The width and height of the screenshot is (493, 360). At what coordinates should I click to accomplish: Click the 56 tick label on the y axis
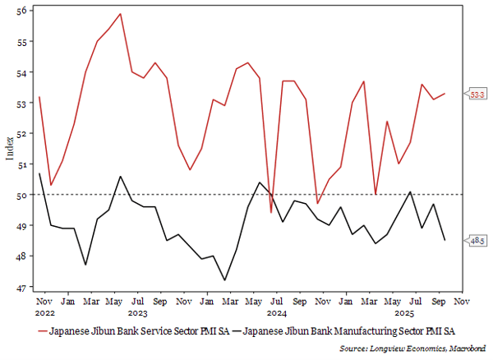coord(21,11)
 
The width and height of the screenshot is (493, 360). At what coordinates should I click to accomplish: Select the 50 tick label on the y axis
coord(21,195)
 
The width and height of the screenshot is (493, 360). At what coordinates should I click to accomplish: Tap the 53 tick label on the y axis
coord(21,103)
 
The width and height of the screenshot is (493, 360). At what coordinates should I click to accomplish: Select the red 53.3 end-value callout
coord(475,95)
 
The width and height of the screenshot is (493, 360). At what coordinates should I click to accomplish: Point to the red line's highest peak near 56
coord(121,14)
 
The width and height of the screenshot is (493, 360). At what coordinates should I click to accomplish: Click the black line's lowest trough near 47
coord(225,280)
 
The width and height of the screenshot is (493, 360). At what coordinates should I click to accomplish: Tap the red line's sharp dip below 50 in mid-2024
coord(271,212)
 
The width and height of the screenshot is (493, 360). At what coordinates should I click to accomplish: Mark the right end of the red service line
coord(445,94)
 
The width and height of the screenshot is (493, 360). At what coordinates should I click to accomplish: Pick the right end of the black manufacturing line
coord(445,240)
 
